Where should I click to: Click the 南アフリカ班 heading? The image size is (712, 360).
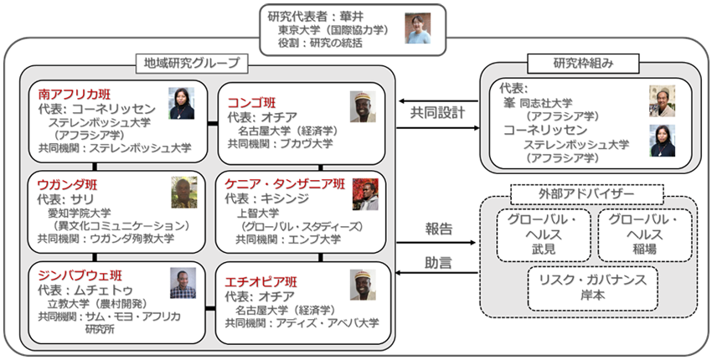pos(75,94)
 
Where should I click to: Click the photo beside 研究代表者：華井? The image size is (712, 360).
pos(417,28)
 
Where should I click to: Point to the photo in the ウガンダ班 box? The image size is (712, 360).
pos(183,192)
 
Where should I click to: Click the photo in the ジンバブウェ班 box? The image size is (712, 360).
pos(183,282)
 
